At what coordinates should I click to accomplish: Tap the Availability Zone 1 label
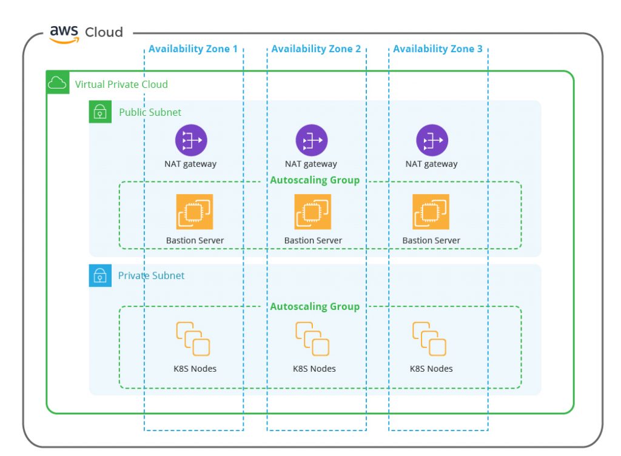193,49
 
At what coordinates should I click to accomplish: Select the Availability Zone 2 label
316,49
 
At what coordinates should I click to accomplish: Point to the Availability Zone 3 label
438,49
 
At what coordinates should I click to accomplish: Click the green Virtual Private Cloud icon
58,82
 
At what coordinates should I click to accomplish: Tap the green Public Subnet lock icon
100,112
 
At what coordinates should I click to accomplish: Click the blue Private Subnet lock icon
100,275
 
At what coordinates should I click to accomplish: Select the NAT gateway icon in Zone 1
191,140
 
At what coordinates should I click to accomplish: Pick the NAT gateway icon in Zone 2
312,140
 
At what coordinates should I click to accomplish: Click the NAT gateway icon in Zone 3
432,140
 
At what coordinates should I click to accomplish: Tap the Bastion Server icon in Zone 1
195,212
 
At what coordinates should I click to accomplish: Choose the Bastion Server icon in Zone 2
312,212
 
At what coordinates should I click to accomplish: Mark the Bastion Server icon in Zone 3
431,212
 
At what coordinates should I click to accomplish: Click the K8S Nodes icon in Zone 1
193,339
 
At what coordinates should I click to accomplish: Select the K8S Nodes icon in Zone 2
312,339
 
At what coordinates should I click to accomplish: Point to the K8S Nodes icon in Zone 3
429,339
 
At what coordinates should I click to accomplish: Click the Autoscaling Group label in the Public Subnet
315,181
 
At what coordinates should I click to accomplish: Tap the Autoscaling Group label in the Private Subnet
315,307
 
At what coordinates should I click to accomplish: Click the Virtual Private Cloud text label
121,84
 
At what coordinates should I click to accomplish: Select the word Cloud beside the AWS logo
104,32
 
